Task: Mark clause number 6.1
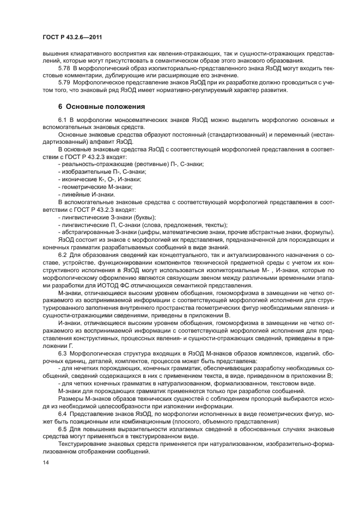[x=62, y=119]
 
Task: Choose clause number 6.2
[x=62, y=255]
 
